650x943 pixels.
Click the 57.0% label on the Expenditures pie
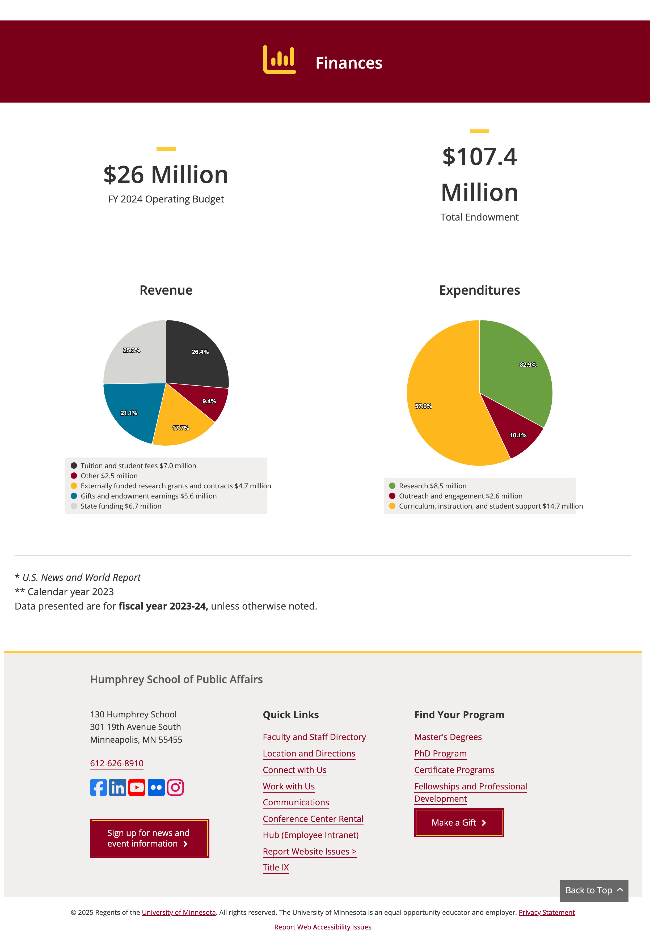[x=423, y=406]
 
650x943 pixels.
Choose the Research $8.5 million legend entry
[x=428, y=486]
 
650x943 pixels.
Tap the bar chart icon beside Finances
[x=279, y=60]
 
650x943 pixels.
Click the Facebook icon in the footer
[x=99, y=788]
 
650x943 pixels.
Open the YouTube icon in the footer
[x=137, y=788]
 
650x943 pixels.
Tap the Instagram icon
[x=176, y=788]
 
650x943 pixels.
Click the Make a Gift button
[x=459, y=822]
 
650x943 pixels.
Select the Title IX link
[x=276, y=867]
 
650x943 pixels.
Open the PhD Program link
[x=440, y=753]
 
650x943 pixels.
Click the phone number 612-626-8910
[x=117, y=763]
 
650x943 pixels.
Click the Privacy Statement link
[x=547, y=912]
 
